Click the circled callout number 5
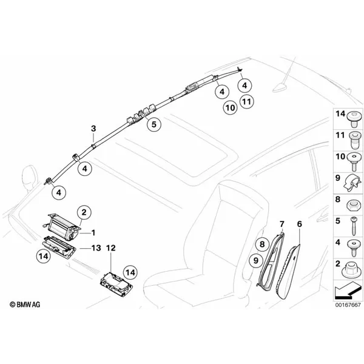pyautogui.click(x=154, y=124)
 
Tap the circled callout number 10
pyautogui.click(x=231, y=108)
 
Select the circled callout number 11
pyautogui.click(x=247, y=102)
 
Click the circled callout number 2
pyautogui.click(x=84, y=212)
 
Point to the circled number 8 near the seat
pyautogui.click(x=262, y=244)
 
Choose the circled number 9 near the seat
pyautogui.click(x=256, y=260)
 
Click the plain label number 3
pyautogui.click(x=93, y=129)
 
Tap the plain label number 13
pyautogui.click(x=96, y=248)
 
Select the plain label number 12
pyautogui.click(x=111, y=248)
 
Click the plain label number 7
pyautogui.click(x=282, y=224)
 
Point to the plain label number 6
pyautogui.click(x=300, y=224)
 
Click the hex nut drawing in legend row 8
pyautogui.click(x=352, y=205)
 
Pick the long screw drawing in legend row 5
pyautogui.click(x=353, y=226)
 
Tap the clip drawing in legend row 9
pyautogui.click(x=352, y=183)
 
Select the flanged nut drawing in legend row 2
pyautogui.click(x=352, y=270)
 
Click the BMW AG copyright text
pyautogui.click(x=25, y=305)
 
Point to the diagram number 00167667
pyautogui.click(x=348, y=305)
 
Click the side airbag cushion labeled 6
pyautogui.click(x=287, y=271)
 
